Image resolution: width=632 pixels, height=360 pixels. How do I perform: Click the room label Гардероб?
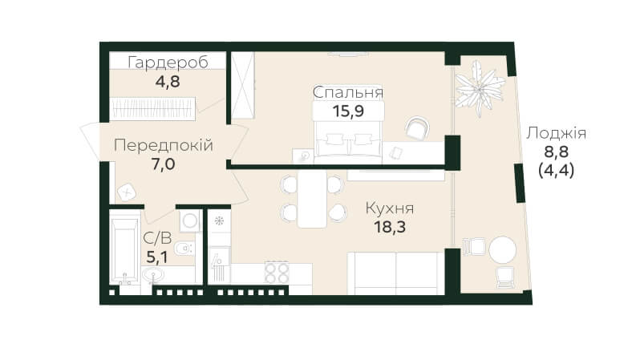[168, 63]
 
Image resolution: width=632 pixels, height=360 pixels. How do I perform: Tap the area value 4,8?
[168, 82]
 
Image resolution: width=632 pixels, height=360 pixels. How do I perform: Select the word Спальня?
[348, 93]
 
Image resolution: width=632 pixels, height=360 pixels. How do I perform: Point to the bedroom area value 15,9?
[348, 111]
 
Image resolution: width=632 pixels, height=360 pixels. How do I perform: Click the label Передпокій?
[164, 145]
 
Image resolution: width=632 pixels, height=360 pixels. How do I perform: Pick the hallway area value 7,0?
[164, 164]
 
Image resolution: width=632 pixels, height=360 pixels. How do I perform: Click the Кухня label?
[390, 208]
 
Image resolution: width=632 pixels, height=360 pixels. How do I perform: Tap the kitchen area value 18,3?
[390, 227]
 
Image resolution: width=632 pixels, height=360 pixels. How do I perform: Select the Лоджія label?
[556, 133]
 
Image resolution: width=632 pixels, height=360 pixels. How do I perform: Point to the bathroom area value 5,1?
[156, 257]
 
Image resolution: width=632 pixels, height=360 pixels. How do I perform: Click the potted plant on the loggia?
[480, 88]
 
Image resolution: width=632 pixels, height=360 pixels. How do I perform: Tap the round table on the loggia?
[502, 249]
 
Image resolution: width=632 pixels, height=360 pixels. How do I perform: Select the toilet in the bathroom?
[184, 247]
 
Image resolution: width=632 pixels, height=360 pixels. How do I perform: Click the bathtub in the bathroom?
[124, 250]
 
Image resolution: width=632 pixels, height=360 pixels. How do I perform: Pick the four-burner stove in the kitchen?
[278, 273]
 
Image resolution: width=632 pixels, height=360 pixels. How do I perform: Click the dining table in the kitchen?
[312, 199]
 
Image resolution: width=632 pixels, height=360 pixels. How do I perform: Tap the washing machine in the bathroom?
[190, 221]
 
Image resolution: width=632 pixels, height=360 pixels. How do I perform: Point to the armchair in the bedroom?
[417, 128]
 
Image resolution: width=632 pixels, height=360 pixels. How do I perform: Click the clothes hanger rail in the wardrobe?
[152, 108]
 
